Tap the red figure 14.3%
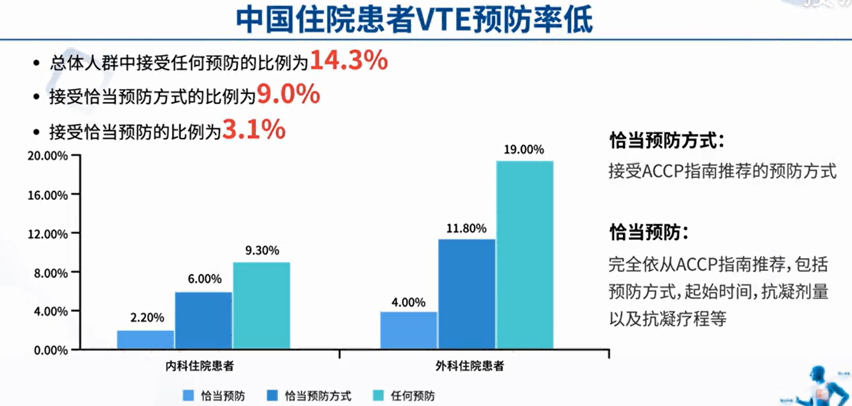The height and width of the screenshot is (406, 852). tap(349, 61)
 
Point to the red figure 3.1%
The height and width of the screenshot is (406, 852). tap(254, 129)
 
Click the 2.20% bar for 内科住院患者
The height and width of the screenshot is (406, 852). tap(145, 340)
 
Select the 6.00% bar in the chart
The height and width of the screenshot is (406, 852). tap(203, 321)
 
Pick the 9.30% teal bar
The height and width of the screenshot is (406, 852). tap(262, 306)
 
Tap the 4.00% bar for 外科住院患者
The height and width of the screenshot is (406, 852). tap(408, 330)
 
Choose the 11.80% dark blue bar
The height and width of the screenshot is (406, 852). tap(466, 295)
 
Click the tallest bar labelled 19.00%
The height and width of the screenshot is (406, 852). tap(524, 255)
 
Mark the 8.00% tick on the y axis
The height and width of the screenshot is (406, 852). tap(48, 273)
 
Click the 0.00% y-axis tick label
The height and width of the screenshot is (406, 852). tap(48, 350)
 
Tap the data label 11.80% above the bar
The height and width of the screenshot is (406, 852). tap(466, 228)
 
